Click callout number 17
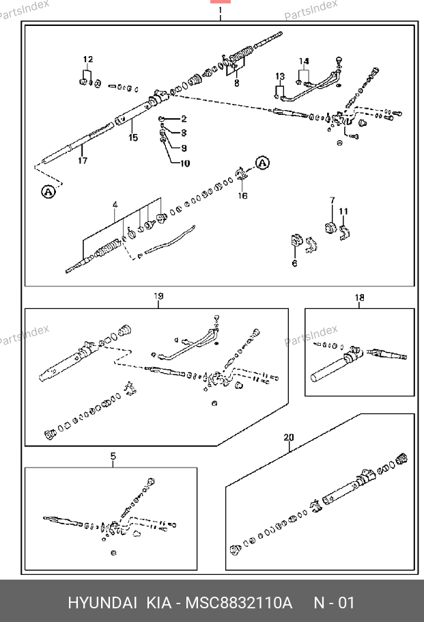pos(83,161)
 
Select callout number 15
pos(133,137)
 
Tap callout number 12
pos(88,59)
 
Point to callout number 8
pos(236,83)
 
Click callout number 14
pos(304,62)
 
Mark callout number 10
pos(186,163)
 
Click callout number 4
pos(115,204)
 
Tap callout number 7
pos(333,200)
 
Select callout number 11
pos(343,211)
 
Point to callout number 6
pos(294,263)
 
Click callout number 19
pos(158,297)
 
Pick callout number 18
pos(359,297)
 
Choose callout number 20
pos(289,437)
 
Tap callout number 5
pos(113,456)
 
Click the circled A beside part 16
pos(263,163)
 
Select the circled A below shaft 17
pos(48,193)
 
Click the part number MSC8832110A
pos(239,604)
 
